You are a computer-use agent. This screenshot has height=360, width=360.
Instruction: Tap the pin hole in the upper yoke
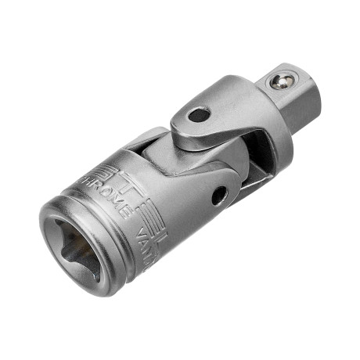[199, 115]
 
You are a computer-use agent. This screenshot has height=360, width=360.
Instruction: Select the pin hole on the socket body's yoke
[219, 195]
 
